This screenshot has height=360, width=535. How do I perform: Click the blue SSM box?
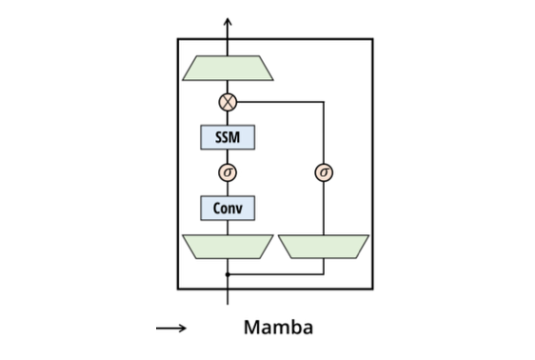228,137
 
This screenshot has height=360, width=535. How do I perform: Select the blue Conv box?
228,208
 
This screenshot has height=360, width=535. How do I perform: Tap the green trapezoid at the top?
228,68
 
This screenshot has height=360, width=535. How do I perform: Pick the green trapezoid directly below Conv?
228,247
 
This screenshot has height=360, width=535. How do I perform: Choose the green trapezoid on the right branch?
324,247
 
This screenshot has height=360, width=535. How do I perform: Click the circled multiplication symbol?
228,101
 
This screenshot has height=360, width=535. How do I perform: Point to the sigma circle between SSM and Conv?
228,172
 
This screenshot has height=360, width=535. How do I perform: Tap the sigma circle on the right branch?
324,172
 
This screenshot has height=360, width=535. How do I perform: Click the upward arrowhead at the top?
228,19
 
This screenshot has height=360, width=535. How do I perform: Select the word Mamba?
278,329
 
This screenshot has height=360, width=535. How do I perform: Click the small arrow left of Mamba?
171,329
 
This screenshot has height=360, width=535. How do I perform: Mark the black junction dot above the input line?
228,274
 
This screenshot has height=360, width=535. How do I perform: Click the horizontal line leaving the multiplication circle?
281,101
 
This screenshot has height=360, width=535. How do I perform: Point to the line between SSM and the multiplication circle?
228,118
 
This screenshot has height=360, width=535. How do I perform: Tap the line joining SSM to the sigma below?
228,156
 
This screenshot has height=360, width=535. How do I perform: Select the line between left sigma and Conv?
228,189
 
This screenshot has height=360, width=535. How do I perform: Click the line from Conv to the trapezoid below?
228,227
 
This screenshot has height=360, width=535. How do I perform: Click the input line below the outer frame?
228,296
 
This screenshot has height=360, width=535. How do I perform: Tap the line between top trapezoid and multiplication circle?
228,87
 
